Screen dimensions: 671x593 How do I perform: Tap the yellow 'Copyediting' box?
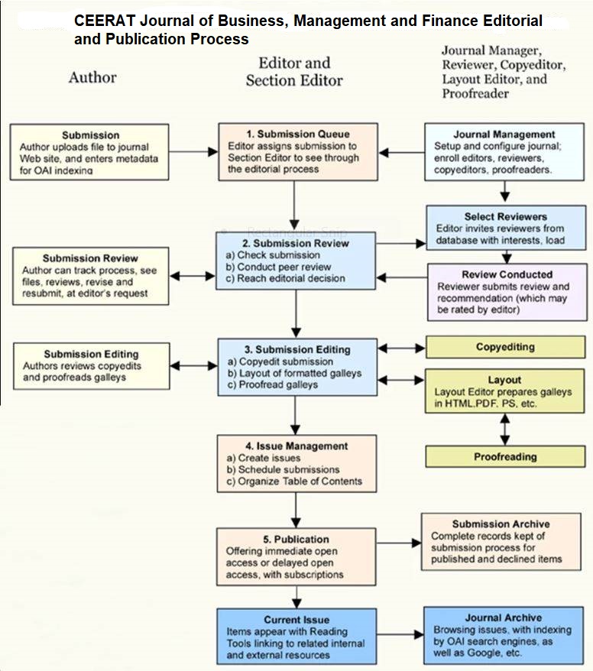coord(505,347)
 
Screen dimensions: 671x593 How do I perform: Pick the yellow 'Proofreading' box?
coord(505,456)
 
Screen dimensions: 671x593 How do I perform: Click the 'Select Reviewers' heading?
coord(505,217)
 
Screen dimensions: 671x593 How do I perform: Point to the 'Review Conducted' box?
coord(507,292)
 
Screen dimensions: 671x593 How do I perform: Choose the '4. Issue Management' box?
coord(297,463)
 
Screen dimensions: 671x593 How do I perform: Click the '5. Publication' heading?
coord(297,539)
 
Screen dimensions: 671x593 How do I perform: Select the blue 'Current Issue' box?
coord(296,636)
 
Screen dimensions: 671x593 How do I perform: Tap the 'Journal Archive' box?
coord(503,635)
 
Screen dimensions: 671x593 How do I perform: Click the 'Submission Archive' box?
coord(501,542)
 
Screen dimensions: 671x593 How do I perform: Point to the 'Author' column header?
coord(92,77)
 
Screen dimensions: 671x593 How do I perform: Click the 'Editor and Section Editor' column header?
coord(294,71)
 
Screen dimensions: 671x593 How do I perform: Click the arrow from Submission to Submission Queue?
coord(193,151)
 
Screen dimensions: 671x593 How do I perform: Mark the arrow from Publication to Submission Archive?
coord(399,543)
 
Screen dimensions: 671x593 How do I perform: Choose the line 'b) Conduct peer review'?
coord(284,266)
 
